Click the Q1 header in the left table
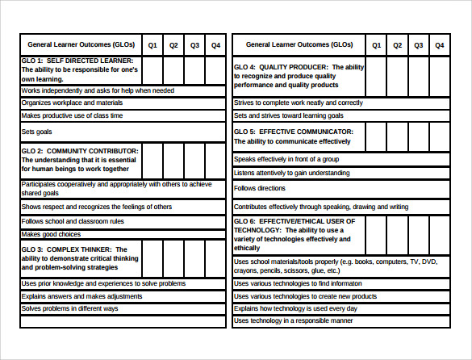[x=152, y=45]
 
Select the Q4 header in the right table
[x=439, y=45]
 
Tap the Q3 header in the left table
[x=194, y=45]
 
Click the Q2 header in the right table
[x=397, y=45]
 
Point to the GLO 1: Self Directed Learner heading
[x=80, y=70]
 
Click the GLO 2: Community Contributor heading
[x=80, y=160]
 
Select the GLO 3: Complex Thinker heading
[x=80, y=258]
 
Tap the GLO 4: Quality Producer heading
[x=299, y=76]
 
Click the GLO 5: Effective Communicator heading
[x=299, y=136]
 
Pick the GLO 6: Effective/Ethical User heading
[x=299, y=235]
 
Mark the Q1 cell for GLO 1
[x=152, y=70]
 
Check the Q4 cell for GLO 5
[x=439, y=136]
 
